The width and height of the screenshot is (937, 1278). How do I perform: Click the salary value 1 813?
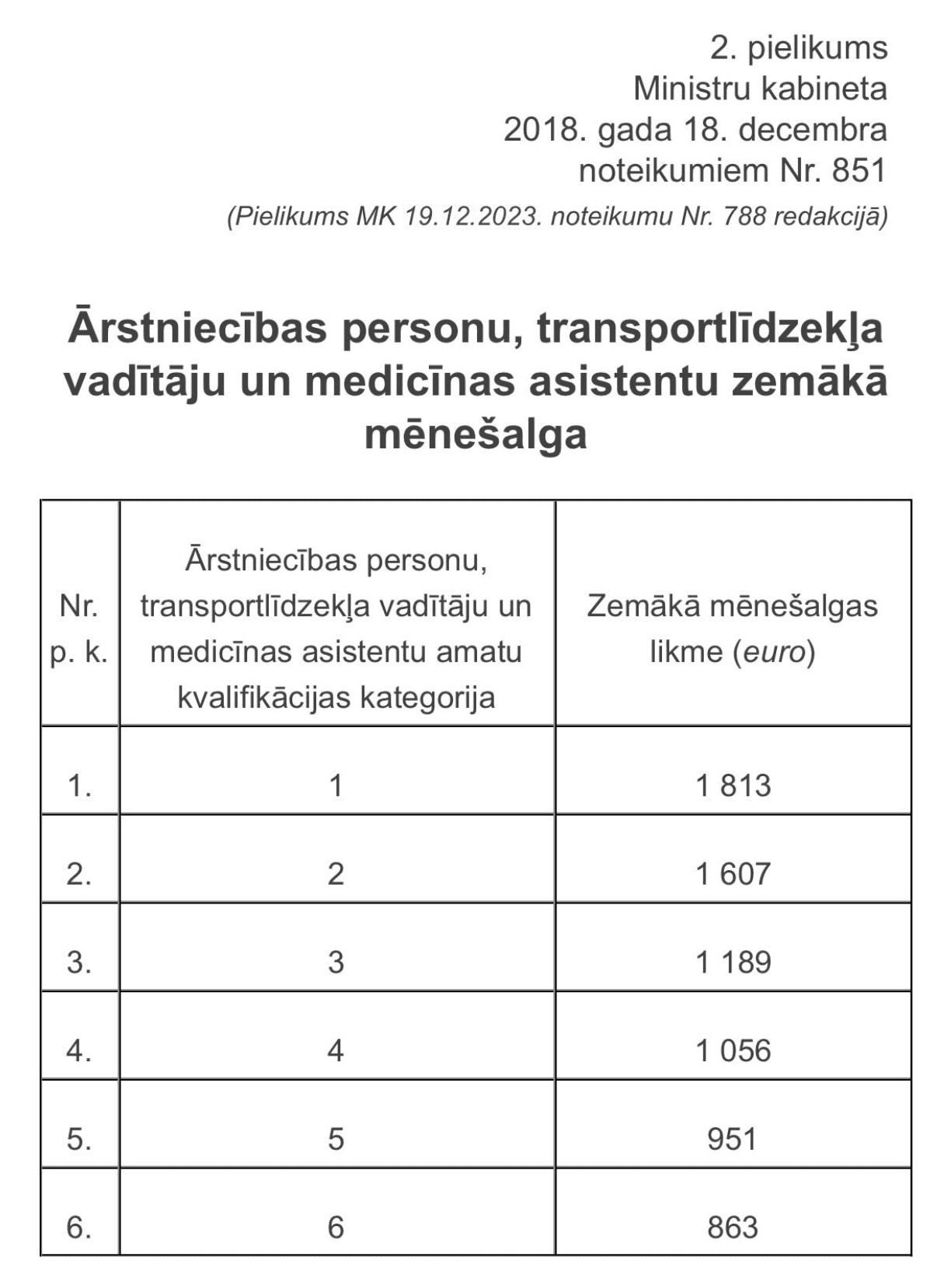[x=733, y=785]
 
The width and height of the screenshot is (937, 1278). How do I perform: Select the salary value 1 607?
[x=733, y=874]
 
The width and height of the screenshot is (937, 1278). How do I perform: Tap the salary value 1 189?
[x=733, y=963]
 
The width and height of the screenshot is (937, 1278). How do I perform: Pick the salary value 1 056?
[x=733, y=1051]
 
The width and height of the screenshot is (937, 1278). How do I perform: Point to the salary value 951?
[x=732, y=1139]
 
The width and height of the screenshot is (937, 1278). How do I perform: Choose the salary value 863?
[x=732, y=1228]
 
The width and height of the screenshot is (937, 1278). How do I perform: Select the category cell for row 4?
[x=336, y=1051]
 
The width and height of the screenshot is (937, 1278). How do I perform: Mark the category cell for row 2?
[x=336, y=874]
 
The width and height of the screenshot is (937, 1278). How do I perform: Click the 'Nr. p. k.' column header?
[x=79, y=629]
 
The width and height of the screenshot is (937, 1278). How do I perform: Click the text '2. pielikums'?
[x=798, y=48]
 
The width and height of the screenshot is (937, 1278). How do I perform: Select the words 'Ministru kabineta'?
[x=760, y=89]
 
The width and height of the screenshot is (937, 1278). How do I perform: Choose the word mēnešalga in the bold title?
[x=475, y=434]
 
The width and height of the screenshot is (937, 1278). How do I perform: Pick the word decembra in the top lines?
[x=812, y=129]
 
